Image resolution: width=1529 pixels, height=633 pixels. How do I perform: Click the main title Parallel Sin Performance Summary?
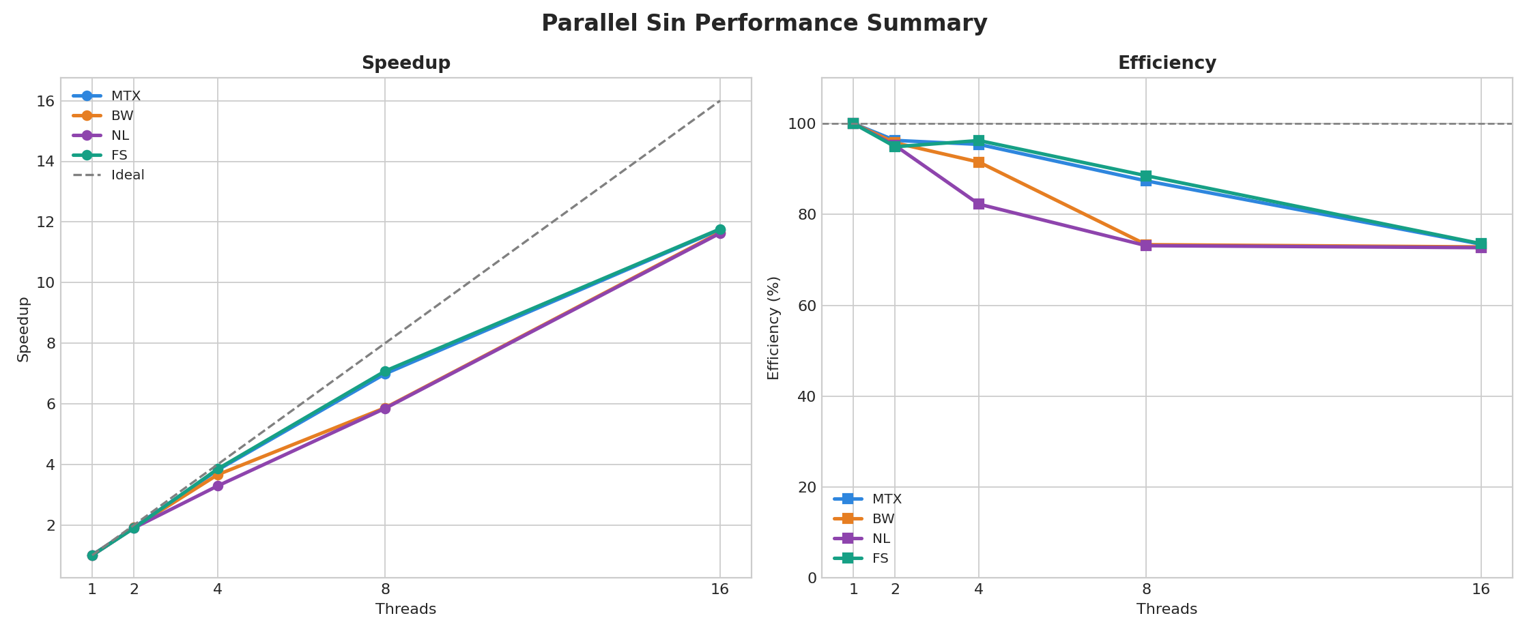[x=764, y=23]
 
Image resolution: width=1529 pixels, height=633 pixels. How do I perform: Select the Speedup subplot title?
[x=405, y=63]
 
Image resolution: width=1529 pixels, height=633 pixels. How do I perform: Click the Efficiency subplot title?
[x=1167, y=63]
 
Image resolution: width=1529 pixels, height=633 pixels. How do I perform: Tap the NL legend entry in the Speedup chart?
[x=119, y=136]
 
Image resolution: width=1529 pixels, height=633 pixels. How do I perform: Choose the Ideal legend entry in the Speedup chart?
[x=128, y=175]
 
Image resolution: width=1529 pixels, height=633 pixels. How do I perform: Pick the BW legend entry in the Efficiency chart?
[x=883, y=519]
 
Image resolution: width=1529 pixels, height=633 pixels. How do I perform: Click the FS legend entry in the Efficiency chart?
[x=880, y=559]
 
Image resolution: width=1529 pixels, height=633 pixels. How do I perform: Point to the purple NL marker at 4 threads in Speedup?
[x=218, y=486]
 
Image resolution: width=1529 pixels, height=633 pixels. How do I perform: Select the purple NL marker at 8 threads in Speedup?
[x=385, y=409]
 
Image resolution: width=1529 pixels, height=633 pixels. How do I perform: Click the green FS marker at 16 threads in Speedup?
[x=720, y=230]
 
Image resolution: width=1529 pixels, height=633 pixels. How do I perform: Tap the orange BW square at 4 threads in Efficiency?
[x=979, y=162]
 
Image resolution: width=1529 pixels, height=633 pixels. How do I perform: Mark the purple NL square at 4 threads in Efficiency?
[x=979, y=204]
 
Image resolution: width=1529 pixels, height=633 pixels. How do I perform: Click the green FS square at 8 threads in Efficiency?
[x=1146, y=176]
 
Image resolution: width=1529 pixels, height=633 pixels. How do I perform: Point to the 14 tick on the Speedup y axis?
[x=46, y=162]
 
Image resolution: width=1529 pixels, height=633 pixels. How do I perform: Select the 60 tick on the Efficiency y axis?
[x=808, y=306]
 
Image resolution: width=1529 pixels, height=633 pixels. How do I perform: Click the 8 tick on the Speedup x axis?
[x=385, y=589]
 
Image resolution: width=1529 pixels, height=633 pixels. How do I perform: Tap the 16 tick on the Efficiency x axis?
[x=1481, y=589]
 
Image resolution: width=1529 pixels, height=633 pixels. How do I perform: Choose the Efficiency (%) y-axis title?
[x=773, y=328]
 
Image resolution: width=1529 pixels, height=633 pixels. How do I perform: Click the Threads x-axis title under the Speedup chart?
[x=405, y=610]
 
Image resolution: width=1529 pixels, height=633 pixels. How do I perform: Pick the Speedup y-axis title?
[x=24, y=329]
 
